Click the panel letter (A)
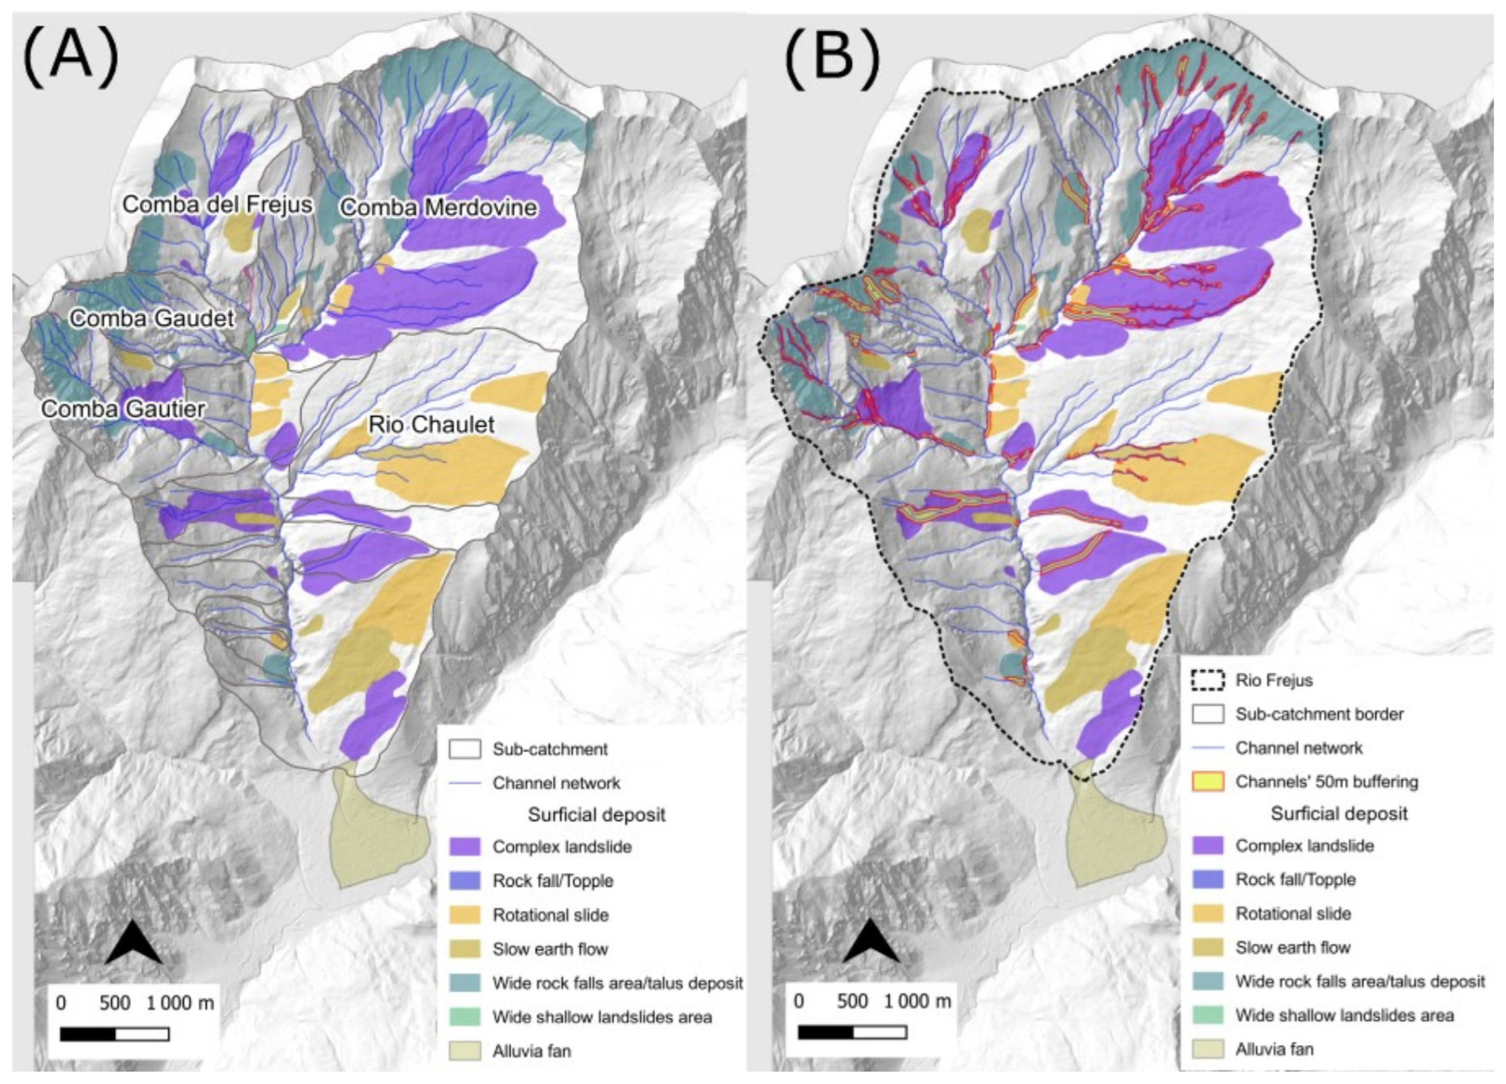click(70, 56)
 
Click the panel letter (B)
click(832, 56)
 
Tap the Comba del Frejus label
click(217, 205)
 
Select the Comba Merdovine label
click(438, 208)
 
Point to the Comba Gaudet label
click(152, 319)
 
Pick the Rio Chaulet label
click(432, 425)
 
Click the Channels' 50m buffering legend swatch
click(1208, 782)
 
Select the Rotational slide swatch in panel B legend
click(1208, 913)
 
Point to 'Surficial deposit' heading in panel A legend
click(596, 815)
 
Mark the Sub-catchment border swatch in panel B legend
click(1208, 714)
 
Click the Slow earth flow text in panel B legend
click(1292, 947)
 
